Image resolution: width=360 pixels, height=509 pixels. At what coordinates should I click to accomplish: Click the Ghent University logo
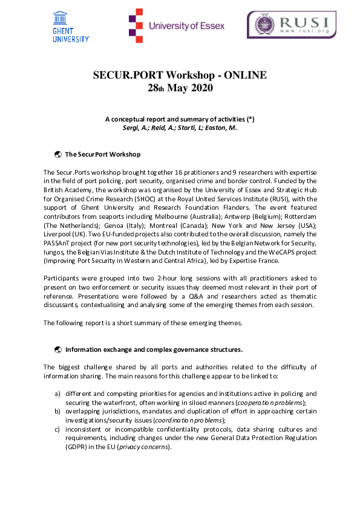click(71, 27)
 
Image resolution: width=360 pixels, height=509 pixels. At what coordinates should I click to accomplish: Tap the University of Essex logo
click(176, 26)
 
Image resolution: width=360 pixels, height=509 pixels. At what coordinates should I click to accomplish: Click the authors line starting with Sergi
click(180, 128)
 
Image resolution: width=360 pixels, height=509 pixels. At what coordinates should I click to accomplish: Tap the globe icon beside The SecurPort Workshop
click(58, 154)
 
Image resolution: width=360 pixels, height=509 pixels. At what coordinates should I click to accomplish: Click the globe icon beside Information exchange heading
click(58, 349)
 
